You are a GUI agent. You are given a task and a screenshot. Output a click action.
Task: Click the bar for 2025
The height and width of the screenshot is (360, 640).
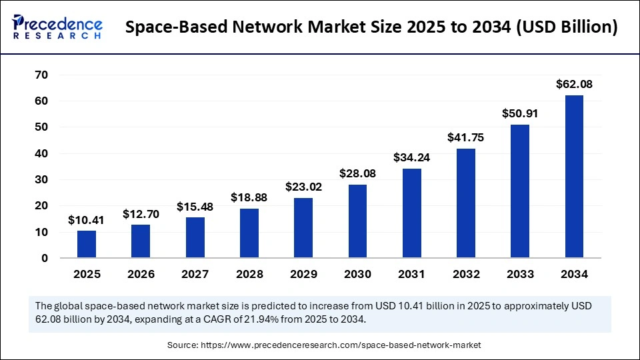[87, 244]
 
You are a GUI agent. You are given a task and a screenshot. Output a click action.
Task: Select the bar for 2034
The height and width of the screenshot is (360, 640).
[574, 177]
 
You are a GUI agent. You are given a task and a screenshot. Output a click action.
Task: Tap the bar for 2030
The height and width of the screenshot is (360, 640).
[357, 221]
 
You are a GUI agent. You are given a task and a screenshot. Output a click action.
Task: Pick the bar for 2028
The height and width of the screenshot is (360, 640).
[249, 233]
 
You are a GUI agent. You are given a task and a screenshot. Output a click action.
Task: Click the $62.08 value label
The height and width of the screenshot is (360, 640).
[574, 85]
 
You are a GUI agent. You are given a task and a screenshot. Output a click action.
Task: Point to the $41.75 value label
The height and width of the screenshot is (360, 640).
[466, 137]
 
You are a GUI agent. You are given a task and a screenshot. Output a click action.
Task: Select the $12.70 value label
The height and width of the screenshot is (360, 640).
[141, 214]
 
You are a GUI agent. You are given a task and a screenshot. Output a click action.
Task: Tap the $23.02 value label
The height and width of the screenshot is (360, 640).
[303, 187]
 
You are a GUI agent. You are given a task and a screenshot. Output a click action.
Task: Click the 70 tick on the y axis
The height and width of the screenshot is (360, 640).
[41, 75]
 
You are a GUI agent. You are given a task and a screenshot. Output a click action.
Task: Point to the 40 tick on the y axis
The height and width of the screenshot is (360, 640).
[41, 153]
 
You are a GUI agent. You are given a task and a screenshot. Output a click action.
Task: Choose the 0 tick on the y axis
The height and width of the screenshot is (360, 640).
[44, 258]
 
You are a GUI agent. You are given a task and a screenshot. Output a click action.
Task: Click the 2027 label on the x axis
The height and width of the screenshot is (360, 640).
[195, 274]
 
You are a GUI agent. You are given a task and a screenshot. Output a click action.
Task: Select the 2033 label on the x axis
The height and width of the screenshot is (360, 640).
[520, 274]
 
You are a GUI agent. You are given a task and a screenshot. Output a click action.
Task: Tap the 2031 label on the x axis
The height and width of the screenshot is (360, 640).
[412, 274]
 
